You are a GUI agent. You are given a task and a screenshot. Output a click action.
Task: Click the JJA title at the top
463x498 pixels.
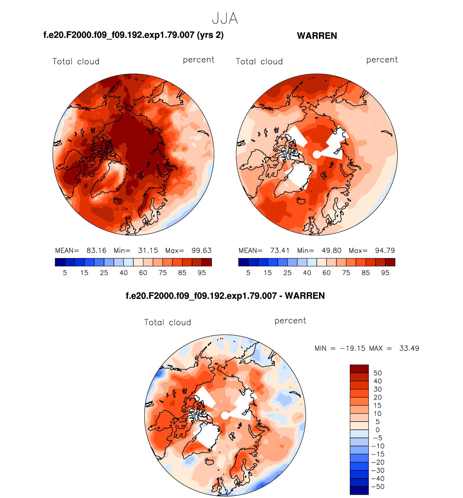pyautogui.click(x=225, y=19)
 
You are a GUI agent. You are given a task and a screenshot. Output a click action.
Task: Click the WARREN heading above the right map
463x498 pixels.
pyautogui.click(x=317, y=36)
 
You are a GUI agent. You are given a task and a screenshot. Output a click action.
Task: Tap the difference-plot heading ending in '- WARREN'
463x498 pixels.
pyautogui.click(x=225, y=296)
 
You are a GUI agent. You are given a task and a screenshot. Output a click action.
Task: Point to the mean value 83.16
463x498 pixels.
pyautogui.click(x=96, y=250)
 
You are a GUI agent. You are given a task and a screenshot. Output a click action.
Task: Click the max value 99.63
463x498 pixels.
pyautogui.click(x=201, y=250)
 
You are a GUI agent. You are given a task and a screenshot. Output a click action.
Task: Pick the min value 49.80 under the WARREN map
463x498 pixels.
pyautogui.click(x=331, y=250)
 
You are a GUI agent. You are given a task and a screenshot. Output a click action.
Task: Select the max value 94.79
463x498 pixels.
pyautogui.click(x=385, y=250)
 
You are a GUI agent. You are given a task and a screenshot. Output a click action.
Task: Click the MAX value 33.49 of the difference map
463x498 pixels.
pyautogui.click(x=409, y=348)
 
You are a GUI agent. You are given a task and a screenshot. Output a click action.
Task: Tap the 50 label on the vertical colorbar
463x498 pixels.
pyautogui.click(x=377, y=373)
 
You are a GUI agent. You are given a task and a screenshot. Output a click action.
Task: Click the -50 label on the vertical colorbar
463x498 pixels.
pyautogui.click(x=378, y=487)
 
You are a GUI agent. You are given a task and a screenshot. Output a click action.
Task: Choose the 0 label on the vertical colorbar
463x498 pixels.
pyautogui.click(x=377, y=430)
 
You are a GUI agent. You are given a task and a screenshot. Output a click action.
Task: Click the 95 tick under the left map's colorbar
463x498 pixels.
pyautogui.click(x=202, y=273)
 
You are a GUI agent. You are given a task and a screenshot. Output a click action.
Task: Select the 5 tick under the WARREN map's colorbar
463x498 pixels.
pyautogui.click(x=248, y=273)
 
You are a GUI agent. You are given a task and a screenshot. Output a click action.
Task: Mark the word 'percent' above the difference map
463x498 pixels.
pyautogui.click(x=290, y=321)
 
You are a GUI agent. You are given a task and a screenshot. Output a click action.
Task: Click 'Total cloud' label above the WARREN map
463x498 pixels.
pyautogui.click(x=259, y=61)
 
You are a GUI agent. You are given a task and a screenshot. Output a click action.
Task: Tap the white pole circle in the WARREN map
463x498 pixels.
pyautogui.click(x=317, y=155)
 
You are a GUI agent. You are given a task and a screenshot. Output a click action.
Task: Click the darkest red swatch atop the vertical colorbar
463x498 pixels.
pyautogui.click(x=359, y=369)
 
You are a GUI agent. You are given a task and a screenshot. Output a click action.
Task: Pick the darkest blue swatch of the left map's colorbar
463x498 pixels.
pyautogui.click(x=60, y=262)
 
